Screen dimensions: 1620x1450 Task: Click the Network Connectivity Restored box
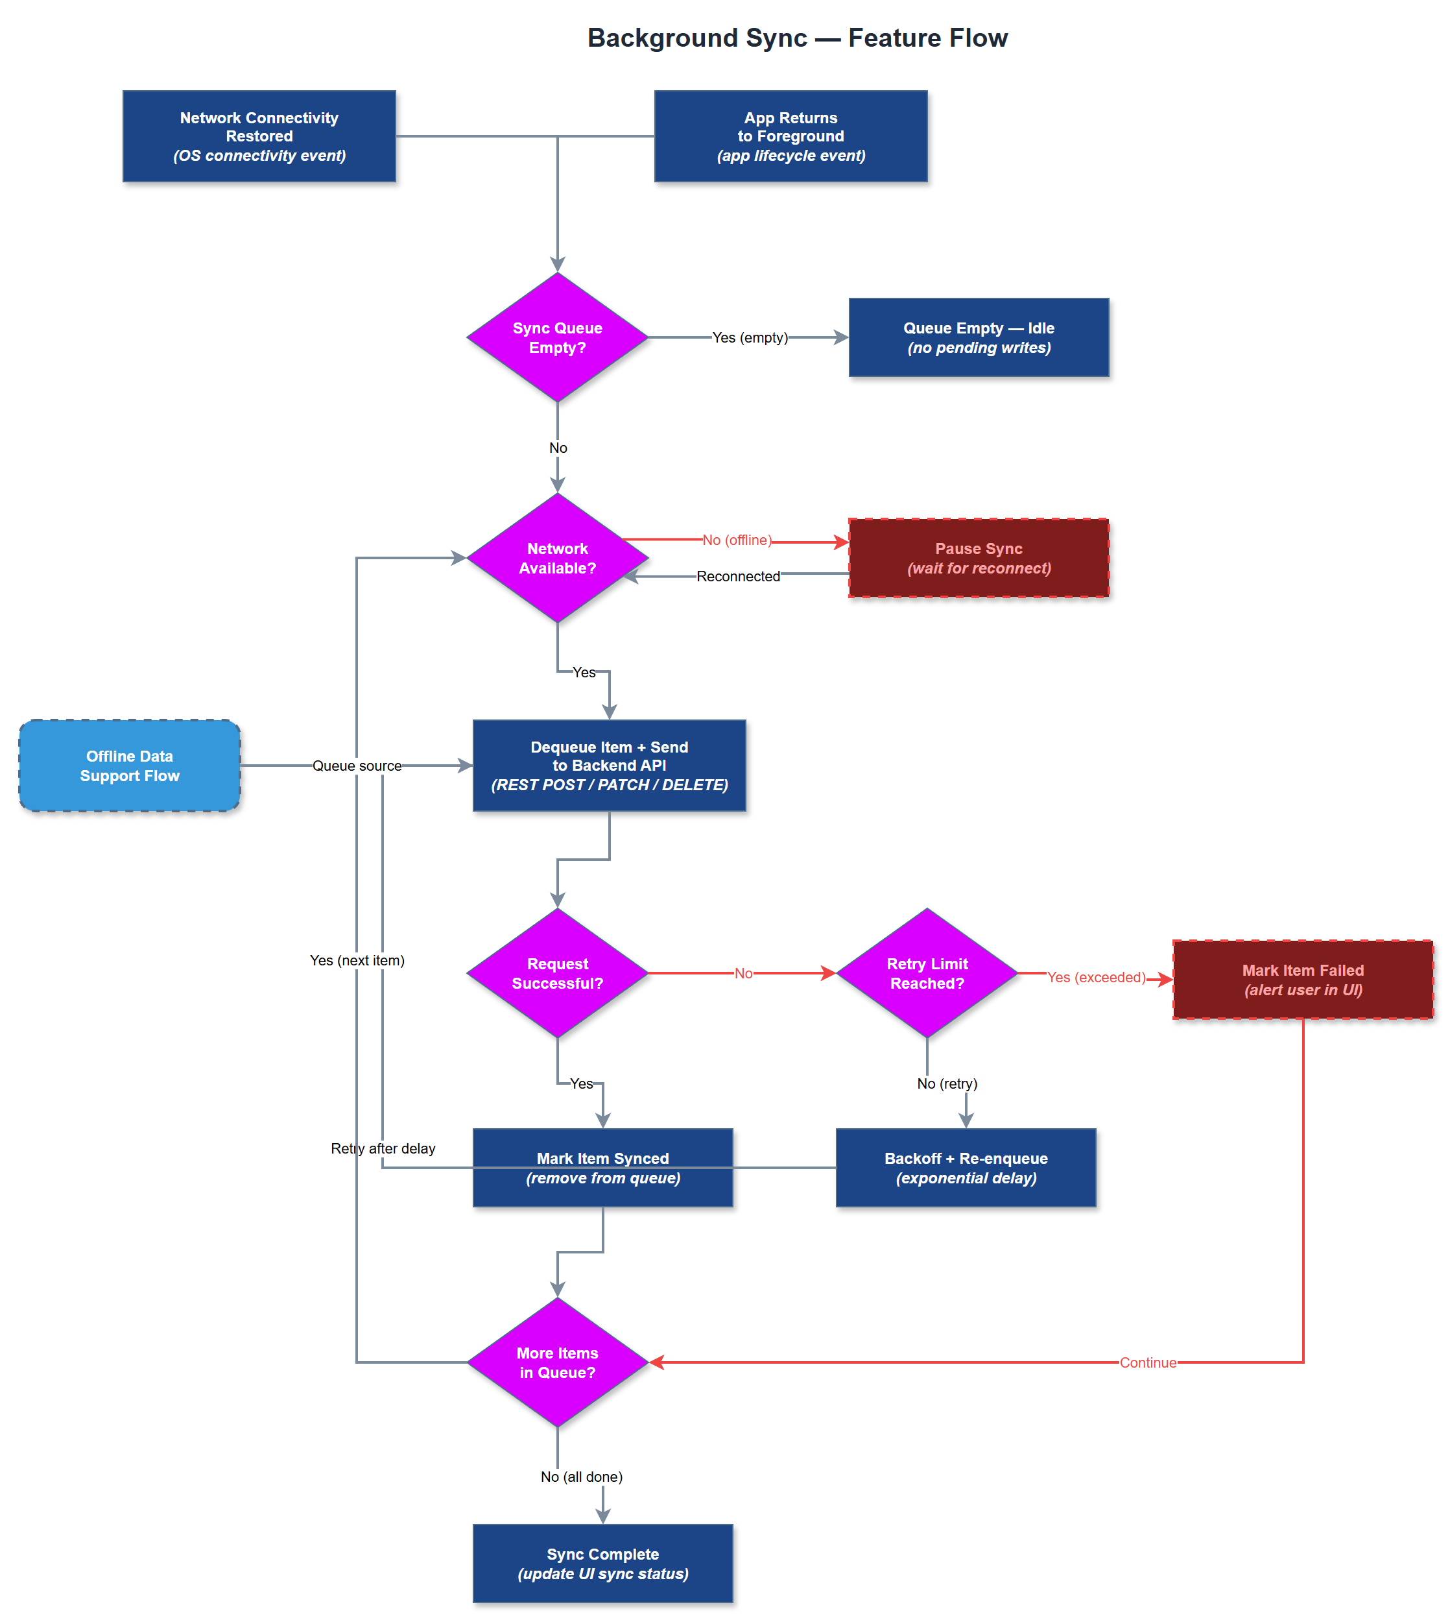pos(259,136)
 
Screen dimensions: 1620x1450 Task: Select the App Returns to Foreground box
pos(790,136)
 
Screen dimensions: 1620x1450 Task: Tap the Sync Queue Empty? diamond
pos(557,338)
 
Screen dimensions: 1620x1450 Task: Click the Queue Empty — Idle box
pos(979,338)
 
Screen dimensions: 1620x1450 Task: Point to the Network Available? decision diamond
pos(557,558)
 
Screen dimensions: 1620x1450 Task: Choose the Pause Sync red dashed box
pos(979,558)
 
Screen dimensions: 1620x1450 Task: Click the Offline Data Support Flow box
pos(129,766)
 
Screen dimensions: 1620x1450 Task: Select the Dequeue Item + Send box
pos(609,766)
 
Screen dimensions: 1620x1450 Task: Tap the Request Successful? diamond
pos(557,973)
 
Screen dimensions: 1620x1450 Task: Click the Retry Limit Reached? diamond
pos(927,973)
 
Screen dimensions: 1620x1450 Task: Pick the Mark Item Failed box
pos(1303,979)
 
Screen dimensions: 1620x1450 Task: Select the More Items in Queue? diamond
pos(557,1362)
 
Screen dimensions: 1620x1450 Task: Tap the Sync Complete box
pos(602,1564)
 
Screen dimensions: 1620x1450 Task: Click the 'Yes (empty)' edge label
pos(750,338)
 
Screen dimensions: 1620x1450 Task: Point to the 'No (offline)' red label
pos(737,540)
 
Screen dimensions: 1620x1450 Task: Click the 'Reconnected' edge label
pos(738,576)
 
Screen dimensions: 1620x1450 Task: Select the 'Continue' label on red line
pos(1147,1362)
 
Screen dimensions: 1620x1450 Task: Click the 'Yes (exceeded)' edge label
pos(1095,977)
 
